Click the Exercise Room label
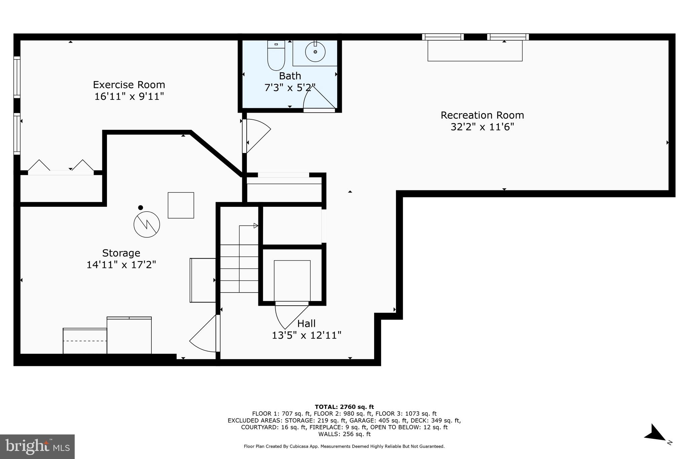click(129, 84)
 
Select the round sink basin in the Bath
click(315, 52)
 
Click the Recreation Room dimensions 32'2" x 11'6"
click(482, 127)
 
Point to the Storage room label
click(121, 253)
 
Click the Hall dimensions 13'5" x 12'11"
click(306, 335)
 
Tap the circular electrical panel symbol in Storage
click(147, 225)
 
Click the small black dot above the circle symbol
click(141, 207)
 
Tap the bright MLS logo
click(37, 447)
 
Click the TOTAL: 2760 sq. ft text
click(344, 407)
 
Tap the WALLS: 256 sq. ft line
click(344, 434)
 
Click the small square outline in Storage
click(181, 205)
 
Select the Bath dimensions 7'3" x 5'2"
click(290, 88)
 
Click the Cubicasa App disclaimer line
click(344, 447)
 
